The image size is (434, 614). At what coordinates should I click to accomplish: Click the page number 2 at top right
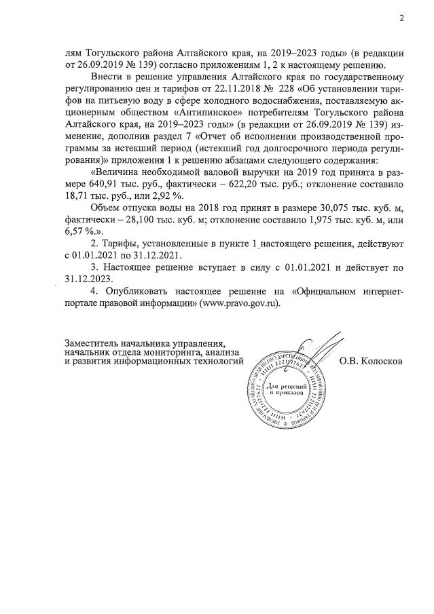tap(401, 18)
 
